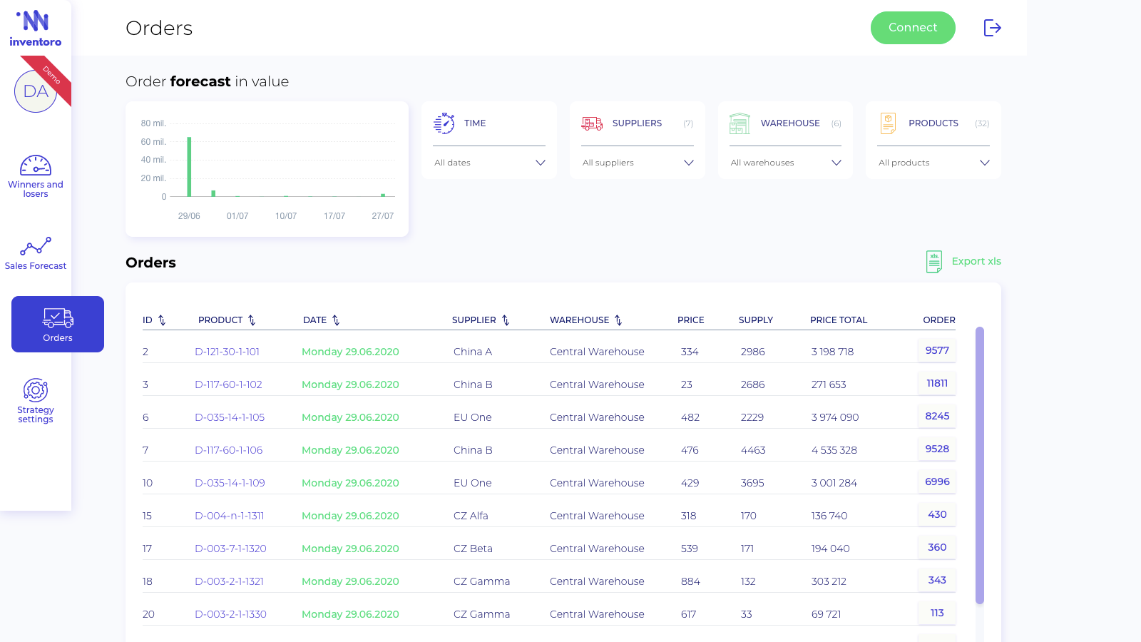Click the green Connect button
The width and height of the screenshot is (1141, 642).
point(913,28)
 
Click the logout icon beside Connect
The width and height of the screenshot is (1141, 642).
point(992,28)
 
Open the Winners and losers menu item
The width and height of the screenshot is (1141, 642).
point(36,176)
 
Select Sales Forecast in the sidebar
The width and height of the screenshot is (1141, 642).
point(36,253)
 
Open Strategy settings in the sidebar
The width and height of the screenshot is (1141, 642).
point(36,400)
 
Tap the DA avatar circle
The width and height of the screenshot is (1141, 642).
point(35,92)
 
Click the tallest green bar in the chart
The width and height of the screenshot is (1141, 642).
point(189,167)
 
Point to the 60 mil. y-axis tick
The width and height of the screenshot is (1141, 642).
point(153,142)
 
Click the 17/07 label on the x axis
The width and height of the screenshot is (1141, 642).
point(334,216)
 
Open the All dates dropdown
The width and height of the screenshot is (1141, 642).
point(489,163)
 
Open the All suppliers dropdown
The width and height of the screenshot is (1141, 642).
point(638,163)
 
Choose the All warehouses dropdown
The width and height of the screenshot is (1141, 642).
point(785,163)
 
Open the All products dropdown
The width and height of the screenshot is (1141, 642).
point(933,163)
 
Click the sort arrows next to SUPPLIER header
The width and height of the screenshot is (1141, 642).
point(506,320)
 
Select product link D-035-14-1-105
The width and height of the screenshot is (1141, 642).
point(230,417)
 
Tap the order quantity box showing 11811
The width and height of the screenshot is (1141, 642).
point(937,383)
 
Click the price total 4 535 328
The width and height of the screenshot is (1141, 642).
point(834,450)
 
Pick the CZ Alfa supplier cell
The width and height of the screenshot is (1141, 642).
point(471,516)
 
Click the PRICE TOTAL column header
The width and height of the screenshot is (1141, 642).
point(839,320)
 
